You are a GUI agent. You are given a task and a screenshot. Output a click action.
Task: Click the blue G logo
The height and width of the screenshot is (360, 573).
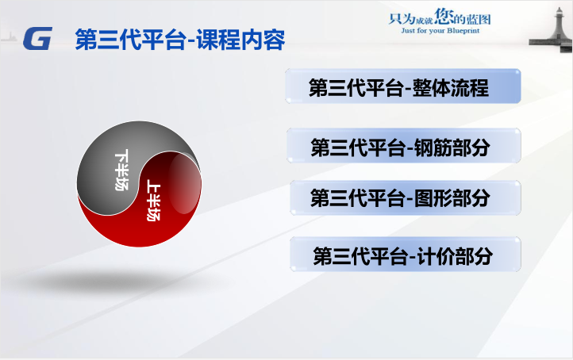[37, 38]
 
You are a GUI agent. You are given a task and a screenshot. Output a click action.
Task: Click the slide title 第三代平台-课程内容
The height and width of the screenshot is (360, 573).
[180, 40]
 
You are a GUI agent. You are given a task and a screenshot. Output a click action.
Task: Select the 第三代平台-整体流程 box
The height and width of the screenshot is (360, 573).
[402, 86]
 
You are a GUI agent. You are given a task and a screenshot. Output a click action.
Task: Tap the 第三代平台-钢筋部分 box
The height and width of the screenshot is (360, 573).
[404, 146]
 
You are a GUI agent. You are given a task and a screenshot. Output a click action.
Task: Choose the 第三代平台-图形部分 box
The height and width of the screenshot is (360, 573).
[406, 197]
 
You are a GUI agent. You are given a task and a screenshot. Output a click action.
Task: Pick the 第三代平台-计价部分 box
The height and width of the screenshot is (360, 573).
[406, 254]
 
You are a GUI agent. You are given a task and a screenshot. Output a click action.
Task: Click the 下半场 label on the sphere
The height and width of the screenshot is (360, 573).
[121, 170]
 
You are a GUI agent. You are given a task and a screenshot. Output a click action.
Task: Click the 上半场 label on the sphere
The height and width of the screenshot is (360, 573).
[153, 201]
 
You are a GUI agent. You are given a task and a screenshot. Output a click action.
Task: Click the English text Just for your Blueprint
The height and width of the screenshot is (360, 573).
[440, 31]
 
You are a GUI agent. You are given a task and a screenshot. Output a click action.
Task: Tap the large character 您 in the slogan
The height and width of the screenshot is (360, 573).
[444, 17]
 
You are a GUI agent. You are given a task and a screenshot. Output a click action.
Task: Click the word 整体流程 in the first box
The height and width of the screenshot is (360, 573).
[450, 88]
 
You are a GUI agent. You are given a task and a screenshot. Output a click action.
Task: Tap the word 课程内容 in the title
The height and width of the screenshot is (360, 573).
[240, 40]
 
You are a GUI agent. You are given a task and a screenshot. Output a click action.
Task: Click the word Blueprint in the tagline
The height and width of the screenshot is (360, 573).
[463, 31]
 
